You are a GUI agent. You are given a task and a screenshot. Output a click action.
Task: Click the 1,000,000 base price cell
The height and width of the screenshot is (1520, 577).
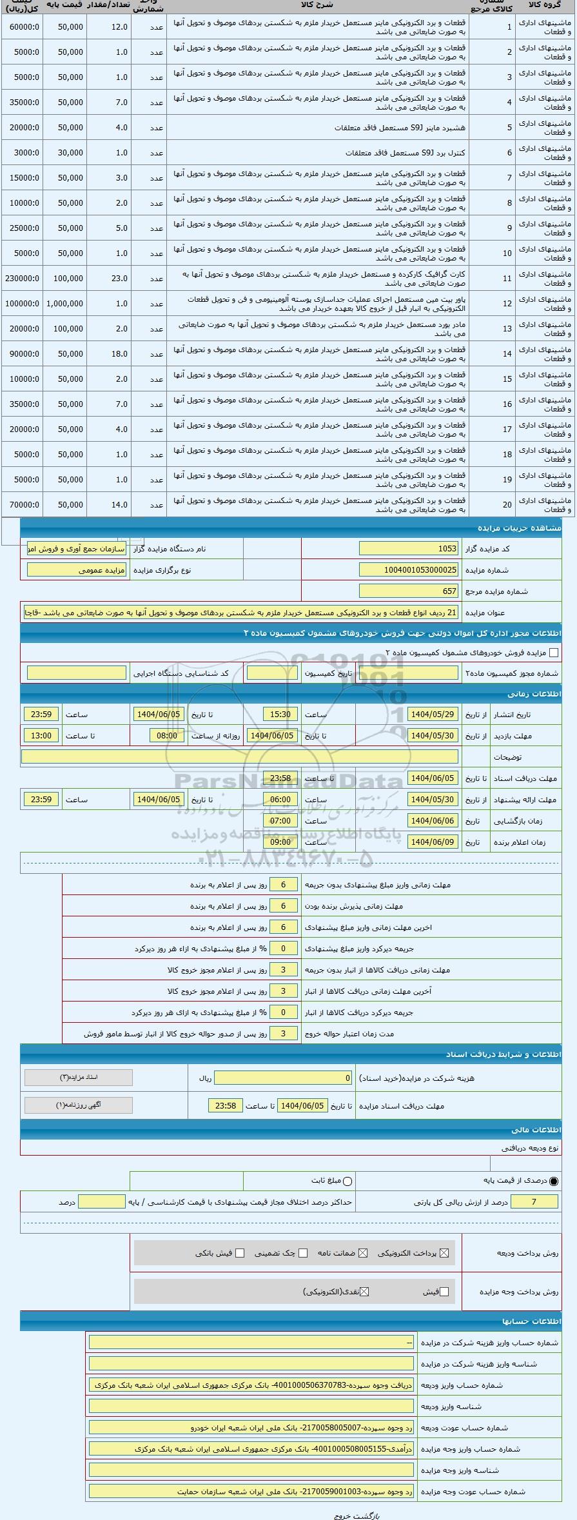click(x=64, y=304)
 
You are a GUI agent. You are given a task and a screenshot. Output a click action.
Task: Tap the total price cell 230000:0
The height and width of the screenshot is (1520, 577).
click(x=23, y=279)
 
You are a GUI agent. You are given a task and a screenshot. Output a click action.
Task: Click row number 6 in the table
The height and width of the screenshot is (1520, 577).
click(x=509, y=153)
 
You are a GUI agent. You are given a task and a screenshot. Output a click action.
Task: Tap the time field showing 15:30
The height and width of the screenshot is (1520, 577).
click(x=280, y=715)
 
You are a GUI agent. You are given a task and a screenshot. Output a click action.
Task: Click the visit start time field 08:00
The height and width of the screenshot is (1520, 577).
click(x=167, y=736)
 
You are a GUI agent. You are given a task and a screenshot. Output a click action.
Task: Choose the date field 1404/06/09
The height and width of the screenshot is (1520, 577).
click(x=433, y=842)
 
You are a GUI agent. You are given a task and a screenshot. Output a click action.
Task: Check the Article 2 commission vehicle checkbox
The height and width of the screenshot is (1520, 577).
click(x=553, y=653)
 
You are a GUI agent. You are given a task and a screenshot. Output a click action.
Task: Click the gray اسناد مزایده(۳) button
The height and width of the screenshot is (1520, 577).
click(x=79, y=1078)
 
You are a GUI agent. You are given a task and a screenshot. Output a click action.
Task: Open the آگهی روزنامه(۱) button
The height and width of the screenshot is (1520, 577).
click(x=79, y=1105)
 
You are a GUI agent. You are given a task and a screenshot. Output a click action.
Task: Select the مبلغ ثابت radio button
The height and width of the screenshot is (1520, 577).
click(x=348, y=1181)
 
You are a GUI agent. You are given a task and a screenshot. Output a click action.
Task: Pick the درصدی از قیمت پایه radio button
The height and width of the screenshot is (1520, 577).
click(x=554, y=1181)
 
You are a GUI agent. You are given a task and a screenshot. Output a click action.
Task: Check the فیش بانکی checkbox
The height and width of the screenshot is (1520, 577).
click(x=240, y=1253)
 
